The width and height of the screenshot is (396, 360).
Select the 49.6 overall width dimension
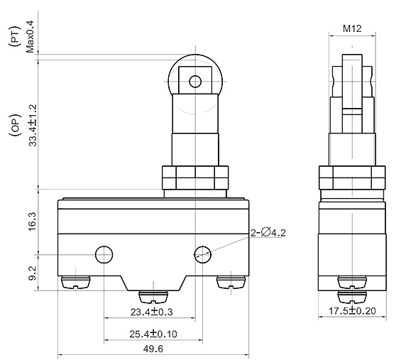click(152, 349)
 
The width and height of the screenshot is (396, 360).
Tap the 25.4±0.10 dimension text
click(153, 333)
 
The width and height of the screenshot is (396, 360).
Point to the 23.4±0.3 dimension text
click(152, 312)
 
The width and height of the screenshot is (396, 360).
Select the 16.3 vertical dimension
click(31, 221)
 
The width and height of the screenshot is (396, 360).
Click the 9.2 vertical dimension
click(31, 272)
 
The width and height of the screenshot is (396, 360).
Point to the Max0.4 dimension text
click(31, 36)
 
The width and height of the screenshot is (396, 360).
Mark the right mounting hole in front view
click(203, 253)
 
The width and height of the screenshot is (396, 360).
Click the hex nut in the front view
click(194, 177)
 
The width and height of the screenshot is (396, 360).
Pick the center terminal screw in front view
click(152, 294)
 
